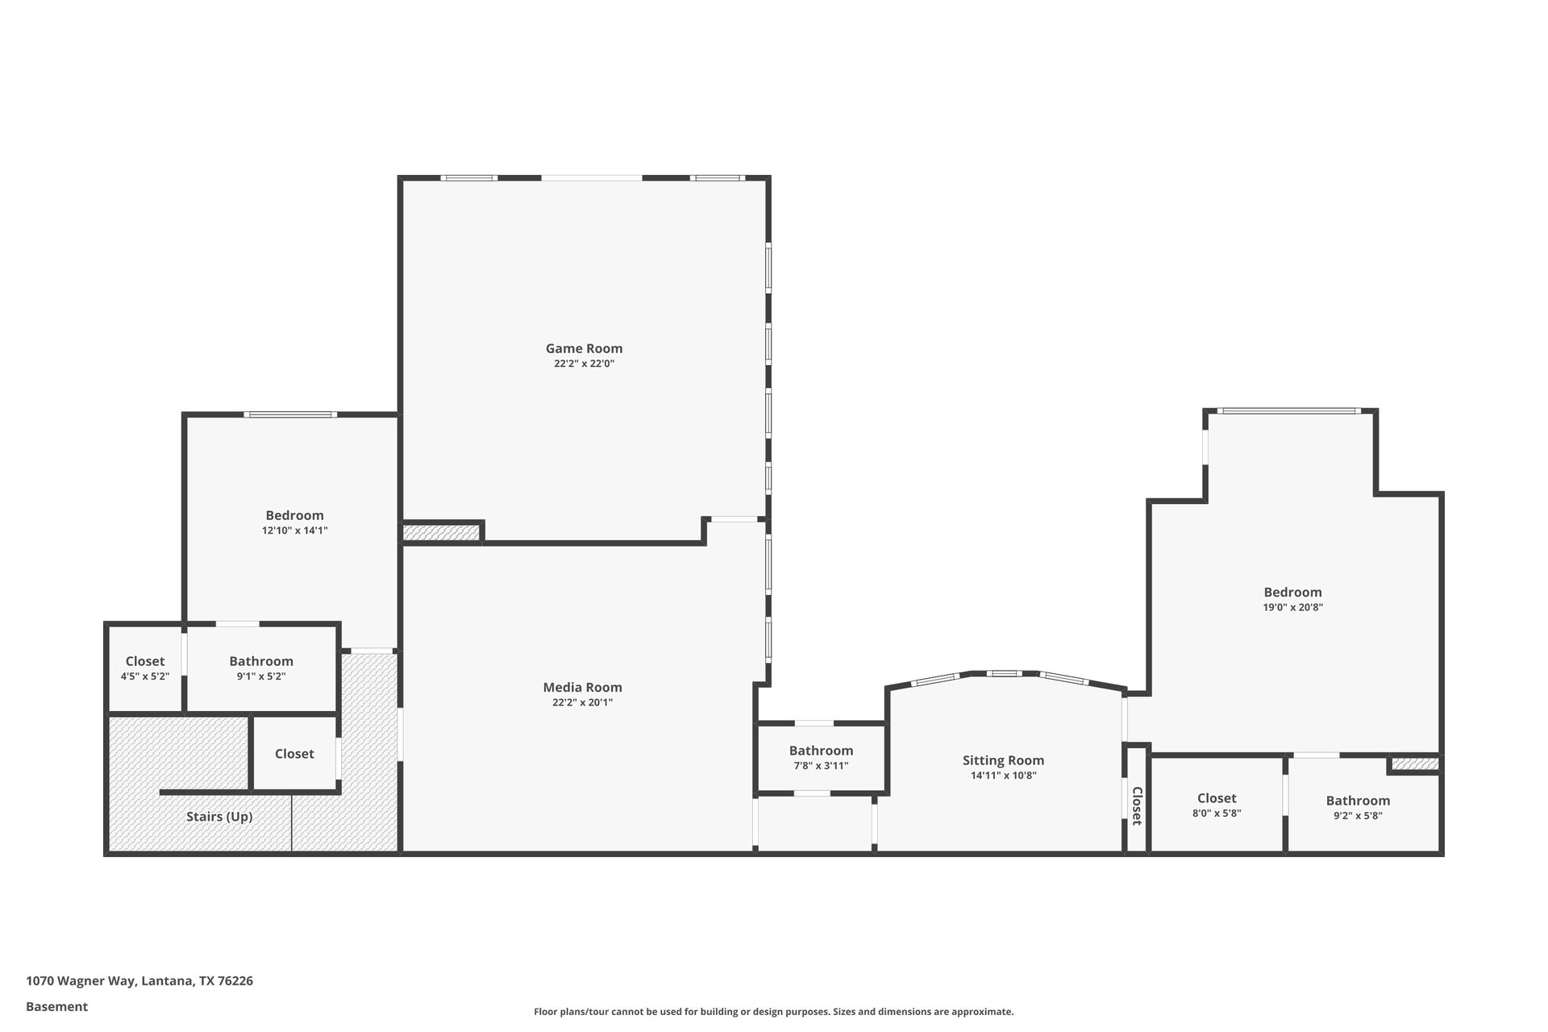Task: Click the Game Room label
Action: (x=584, y=348)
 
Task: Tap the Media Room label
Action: (x=582, y=687)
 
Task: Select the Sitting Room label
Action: (x=1003, y=760)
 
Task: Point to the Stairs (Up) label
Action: (x=219, y=817)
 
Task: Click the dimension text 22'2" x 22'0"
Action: (x=584, y=364)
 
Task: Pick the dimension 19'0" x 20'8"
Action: (x=1292, y=608)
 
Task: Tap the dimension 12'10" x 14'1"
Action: (x=294, y=531)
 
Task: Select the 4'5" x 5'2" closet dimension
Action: (x=145, y=676)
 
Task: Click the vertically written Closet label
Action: (x=1137, y=806)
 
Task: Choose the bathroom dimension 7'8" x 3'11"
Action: (x=821, y=766)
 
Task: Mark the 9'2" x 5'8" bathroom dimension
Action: (x=1358, y=815)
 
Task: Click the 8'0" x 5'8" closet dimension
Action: (x=1217, y=814)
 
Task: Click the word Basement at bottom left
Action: (x=56, y=1006)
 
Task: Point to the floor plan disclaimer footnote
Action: (x=773, y=1012)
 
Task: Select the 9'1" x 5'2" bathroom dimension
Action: (x=261, y=676)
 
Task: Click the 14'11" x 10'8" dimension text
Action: (x=1003, y=776)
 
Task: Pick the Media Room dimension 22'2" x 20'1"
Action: (x=582, y=702)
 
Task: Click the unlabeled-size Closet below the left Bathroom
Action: (x=294, y=754)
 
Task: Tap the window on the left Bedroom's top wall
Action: (x=291, y=414)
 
